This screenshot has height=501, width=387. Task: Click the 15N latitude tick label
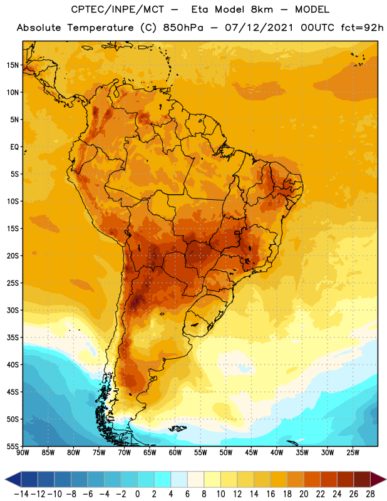(13, 65)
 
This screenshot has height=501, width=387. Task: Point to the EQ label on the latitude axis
(14, 147)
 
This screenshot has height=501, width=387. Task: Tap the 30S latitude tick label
(13, 310)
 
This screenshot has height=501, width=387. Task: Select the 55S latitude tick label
(13, 447)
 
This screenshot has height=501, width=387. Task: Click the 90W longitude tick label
(23, 453)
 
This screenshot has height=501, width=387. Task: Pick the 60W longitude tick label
(175, 453)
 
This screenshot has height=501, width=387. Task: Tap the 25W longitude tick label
(353, 453)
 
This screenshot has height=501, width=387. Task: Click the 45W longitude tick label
(251, 453)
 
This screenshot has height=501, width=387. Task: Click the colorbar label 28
(370, 494)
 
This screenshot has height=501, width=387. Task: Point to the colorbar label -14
(21, 494)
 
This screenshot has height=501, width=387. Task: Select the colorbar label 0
(137, 494)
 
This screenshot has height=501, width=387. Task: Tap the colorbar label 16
(271, 494)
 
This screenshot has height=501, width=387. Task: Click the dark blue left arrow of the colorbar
(13, 479)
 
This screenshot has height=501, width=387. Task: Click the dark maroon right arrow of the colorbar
(378, 479)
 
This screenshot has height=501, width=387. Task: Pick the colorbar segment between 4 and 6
(179, 479)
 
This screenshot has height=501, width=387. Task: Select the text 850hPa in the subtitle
(183, 28)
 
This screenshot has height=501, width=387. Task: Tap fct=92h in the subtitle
(362, 28)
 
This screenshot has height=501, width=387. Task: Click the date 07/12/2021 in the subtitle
(259, 28)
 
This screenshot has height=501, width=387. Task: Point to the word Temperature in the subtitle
(100, 28)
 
